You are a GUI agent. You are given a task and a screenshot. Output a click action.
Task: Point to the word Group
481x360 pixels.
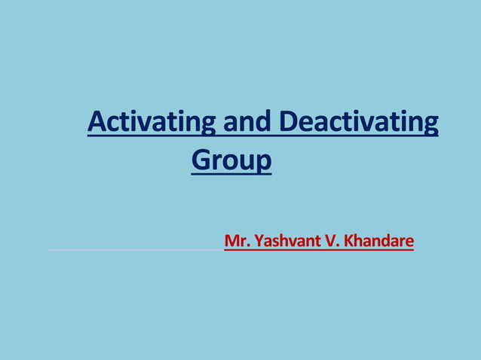pos(231,160)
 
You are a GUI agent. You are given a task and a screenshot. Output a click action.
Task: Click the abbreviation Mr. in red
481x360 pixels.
pos(237,242)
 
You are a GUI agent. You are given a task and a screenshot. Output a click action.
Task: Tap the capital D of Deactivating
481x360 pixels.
pos(289,121)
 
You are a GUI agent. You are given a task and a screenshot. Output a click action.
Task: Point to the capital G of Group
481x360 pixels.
pos(201,160)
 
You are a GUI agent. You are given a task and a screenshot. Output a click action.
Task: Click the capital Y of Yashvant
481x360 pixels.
pos(258,242)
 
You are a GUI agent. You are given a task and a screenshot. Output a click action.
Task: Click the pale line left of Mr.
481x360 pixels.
pos(136,248)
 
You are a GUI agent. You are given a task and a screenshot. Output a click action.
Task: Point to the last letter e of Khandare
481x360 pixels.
pos(409,243)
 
